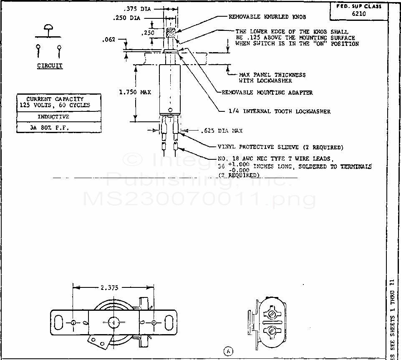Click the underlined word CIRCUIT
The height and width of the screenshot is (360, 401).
pos(50,65)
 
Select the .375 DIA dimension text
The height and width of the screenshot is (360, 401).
pos(138,8)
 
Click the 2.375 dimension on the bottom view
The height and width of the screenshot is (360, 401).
pos(109,287)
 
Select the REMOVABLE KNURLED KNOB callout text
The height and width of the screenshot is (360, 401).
pos(267,17)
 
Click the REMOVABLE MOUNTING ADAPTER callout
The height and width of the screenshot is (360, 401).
pos(267,92)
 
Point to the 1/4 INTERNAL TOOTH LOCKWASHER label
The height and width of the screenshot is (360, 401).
pos(280,111)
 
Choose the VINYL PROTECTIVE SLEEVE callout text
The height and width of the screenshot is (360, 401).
pos(280,147)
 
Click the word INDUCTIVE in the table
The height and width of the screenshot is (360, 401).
pos(59,117)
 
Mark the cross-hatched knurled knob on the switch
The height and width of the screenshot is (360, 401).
pos(170,32)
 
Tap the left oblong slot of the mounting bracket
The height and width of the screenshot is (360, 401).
pos(59,322)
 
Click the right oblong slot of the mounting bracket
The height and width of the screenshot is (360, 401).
pos(170,322)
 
